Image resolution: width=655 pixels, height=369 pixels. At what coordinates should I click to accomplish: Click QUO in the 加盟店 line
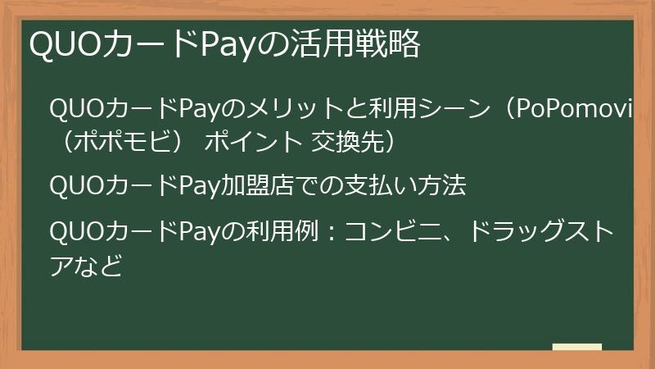pyautogui.click(x=75, y=186)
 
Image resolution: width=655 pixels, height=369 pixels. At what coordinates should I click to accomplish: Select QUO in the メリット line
pyautogui.click(x=75, y=108)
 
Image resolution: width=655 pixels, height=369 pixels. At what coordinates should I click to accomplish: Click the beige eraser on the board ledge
pyautogui.click(x=576, y=347)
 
